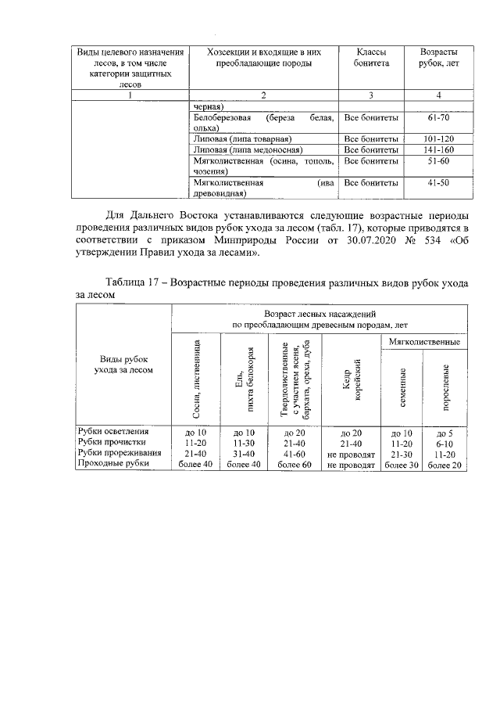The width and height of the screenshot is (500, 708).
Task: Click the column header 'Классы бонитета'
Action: point(371,57)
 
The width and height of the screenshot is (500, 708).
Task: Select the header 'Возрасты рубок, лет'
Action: point(439,57)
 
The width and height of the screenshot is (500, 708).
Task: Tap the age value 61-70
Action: point(439,118)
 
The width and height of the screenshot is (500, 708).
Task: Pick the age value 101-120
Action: point(439,139)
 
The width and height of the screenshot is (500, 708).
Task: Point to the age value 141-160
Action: point(439,149)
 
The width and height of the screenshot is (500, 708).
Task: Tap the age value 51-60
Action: point(439,161)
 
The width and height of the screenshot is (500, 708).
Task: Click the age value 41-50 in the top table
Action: point(439,182)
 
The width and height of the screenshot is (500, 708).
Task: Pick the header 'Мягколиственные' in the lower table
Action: point(423,342)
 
